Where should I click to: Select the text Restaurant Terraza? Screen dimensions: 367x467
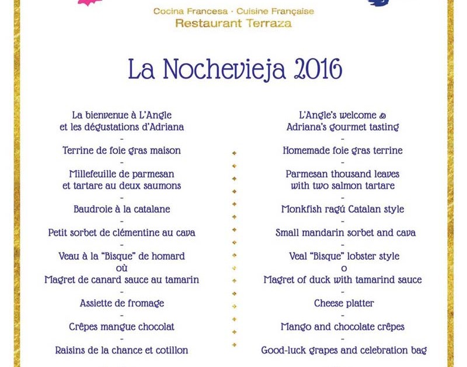coord(233,23)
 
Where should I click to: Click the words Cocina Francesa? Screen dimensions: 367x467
coord(190,11)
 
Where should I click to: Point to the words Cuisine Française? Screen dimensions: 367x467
coord(276,11)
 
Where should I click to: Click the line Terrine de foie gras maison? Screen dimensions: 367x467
coord(121,150)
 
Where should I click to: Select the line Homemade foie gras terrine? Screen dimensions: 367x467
coord(343,150)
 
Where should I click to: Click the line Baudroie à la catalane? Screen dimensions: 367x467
coord(121,209)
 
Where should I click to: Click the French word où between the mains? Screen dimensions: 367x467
coord(121,268)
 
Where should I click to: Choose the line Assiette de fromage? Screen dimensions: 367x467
coord(121,304)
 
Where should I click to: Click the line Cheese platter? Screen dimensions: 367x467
coord(344,304)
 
